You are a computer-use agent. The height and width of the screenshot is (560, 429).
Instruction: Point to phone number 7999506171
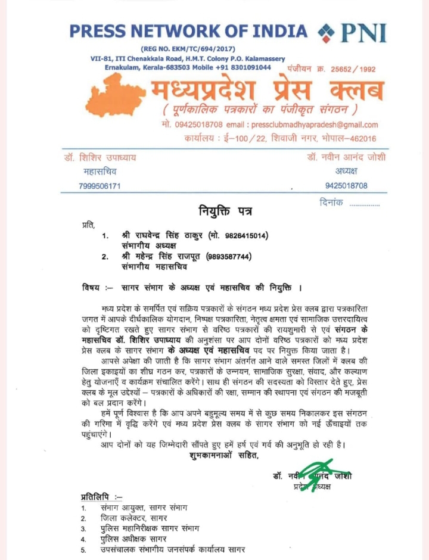(100, 186)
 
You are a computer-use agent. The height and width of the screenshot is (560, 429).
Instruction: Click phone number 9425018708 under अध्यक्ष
(346, 186)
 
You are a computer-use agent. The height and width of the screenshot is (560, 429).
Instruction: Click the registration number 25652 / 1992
(348, 69)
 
